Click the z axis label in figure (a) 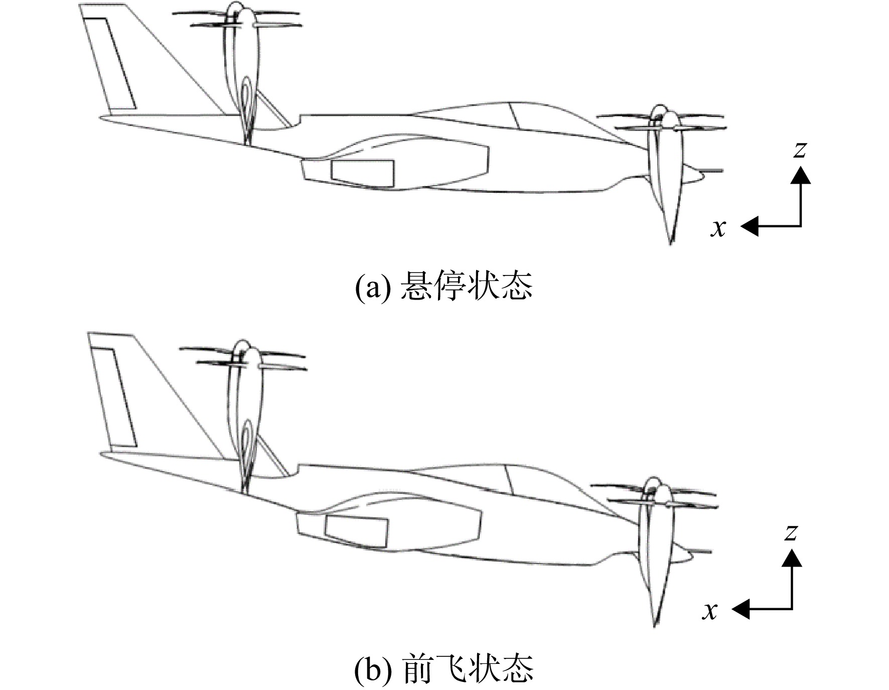click(x=800, y=149)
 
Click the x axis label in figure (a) click(x=718, y=228)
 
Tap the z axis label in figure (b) click(x=791, y=532)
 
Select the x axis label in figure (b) click(x=709, y=611)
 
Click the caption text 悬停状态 click(x=466, y=287)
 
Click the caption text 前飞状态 click(x=468, y=668)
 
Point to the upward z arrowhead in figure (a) click(x=801, y=175)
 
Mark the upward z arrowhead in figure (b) click(x=792, y=558)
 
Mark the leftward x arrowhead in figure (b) click(x=740, y=609)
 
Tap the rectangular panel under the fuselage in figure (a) click(x=363, y=174)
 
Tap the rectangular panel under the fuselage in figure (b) click(x=356, y=530)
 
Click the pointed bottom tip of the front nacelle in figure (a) click(x=671, y=244)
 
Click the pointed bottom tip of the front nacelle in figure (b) click(x=655, y=626)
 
